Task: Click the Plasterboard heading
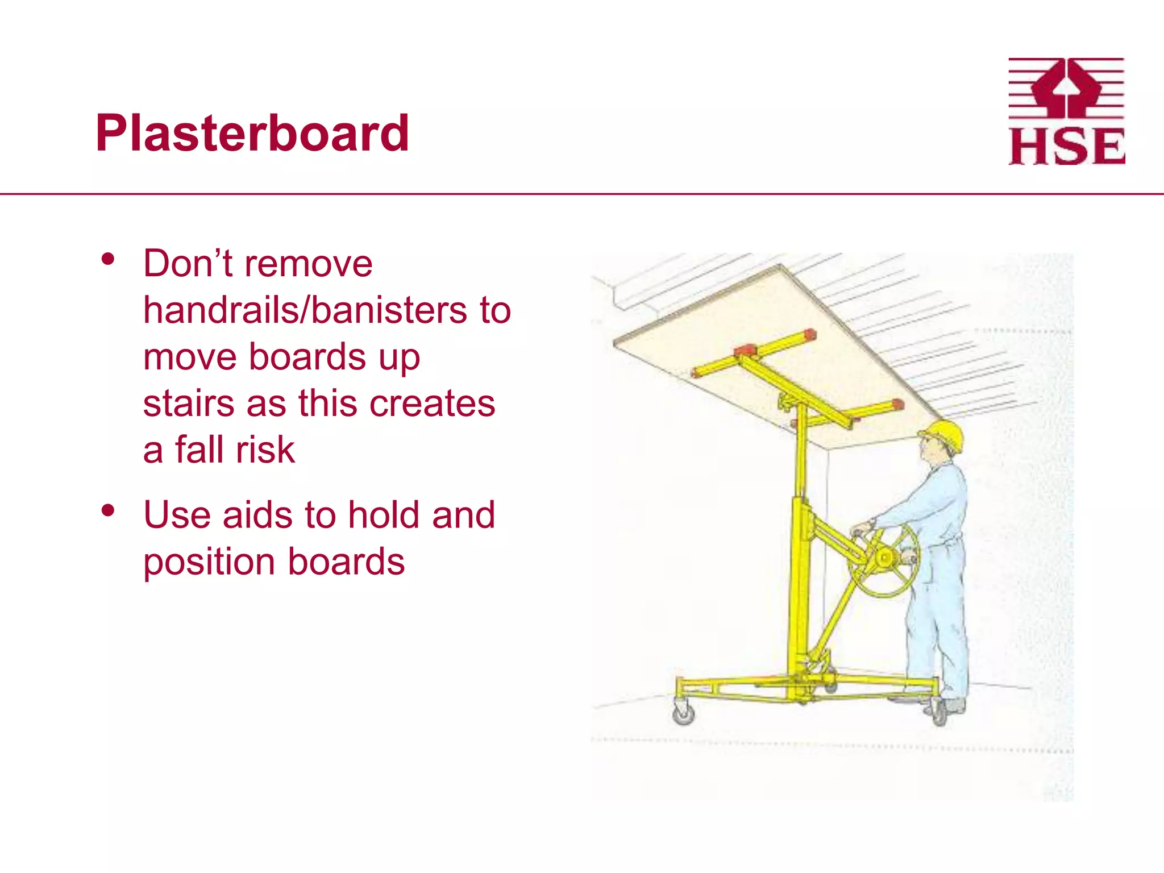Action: tap(252, 134)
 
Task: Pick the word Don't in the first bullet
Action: tap(188, 264)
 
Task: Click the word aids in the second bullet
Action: tap(257, 515)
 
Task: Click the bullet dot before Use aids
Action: tap(107, 510)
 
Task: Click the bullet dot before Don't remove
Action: tap(107, 260)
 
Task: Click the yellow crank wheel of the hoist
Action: tap(884, 560)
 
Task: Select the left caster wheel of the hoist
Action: tap(684, 713)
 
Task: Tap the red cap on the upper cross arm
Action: tap(810, 335)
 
